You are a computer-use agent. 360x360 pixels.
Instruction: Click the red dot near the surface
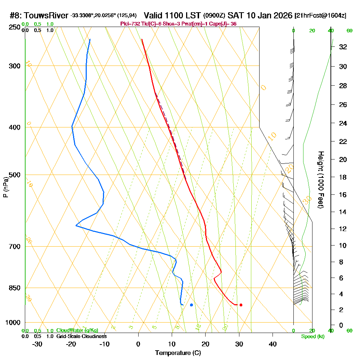coord(241,305)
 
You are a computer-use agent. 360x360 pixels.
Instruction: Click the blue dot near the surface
coord(192,305)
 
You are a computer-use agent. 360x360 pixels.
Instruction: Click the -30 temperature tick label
coord(37,343)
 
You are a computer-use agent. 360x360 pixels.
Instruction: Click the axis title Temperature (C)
coord(178,353)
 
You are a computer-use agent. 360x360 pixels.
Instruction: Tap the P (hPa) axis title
coord(5,187)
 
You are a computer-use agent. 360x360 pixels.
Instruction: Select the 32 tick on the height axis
coord(343,47)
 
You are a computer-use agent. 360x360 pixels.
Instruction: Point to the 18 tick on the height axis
coord(343,177)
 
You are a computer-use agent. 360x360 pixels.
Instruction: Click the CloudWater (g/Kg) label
coord(77,330)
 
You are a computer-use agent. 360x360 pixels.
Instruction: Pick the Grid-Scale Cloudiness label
coord(81,336)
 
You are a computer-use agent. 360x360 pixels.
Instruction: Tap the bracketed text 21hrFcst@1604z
coord(320,16)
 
